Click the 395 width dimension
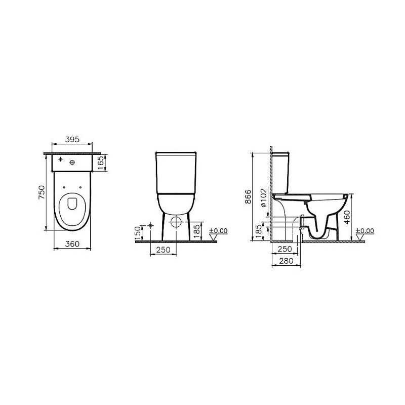(x=72, y=140)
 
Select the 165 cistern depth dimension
(x=101, y=163)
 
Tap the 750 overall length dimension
(x=42, y=192)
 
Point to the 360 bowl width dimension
(x=72, y=244)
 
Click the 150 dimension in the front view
(x=138, y=232)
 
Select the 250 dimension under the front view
(x=163, y=250)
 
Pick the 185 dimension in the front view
(x=197, y=231)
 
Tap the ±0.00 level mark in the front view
(x=219, y=231)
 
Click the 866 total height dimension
(x=248, y=197)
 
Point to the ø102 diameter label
(x=263, y=197)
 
